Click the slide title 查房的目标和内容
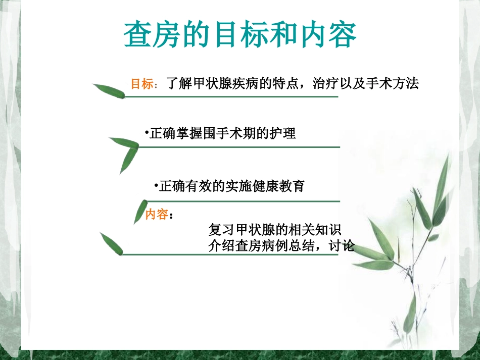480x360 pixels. click(241, 34)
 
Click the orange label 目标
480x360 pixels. click(141, 84)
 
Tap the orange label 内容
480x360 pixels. click(156, 215)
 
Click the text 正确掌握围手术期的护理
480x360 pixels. click(222, 134)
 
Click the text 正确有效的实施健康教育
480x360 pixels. click(232, 186)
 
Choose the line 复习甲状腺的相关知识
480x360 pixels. click(275, 230)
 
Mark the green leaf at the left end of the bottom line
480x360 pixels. click(111, 243)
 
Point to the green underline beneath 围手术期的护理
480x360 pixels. click(237, 147)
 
